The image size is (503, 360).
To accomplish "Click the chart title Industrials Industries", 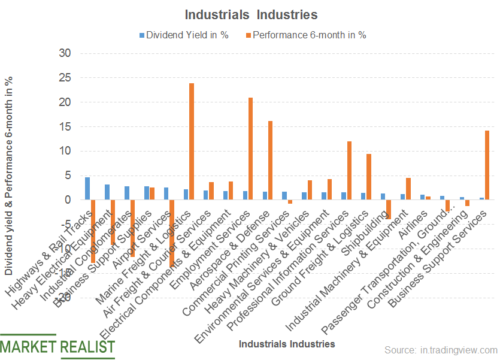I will pyautogui.click(x=251, y=14).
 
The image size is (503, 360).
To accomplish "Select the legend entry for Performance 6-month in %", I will pyautogui.click(x=308, y=35).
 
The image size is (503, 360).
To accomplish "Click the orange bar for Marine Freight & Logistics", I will pyautogui.click(x=192, y=141).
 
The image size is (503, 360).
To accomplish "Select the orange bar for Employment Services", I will pyautogui.click(x=251, y=149).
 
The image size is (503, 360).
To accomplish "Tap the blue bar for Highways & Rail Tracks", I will pyautogui.click(x=87, y=189).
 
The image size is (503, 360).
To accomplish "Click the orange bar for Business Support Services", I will pyautogui.click(x=487, y=165).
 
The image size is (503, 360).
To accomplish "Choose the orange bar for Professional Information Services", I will pyautogui.click(x=350, y=171).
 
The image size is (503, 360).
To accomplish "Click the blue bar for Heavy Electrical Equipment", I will pyautogui.click(x=107, y=192).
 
